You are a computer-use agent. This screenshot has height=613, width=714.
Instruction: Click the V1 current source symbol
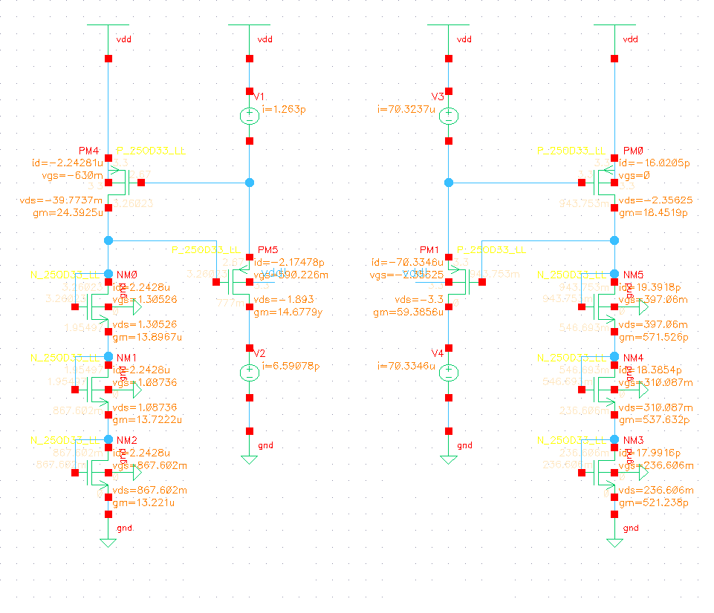tap(250, 116)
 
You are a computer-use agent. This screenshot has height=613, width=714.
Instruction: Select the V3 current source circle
tap(448, 116)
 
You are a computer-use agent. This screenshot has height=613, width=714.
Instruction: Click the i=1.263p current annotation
tap(285, 109)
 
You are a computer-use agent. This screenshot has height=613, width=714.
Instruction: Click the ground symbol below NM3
tap(614, 543)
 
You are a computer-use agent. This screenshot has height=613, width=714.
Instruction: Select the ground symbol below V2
tap(250, 460)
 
